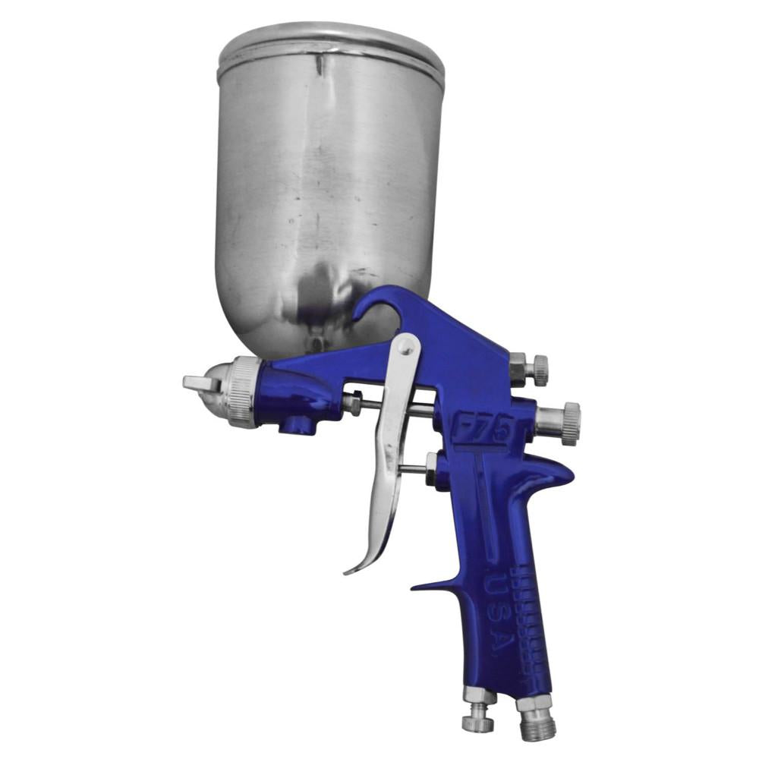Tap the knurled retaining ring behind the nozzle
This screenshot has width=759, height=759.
click(x=244, y=392)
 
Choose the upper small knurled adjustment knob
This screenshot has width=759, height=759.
click(x=538, y=370)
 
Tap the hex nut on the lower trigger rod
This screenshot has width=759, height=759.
click(x=431, y=464)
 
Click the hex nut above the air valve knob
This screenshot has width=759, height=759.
click(x=480, y=695)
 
